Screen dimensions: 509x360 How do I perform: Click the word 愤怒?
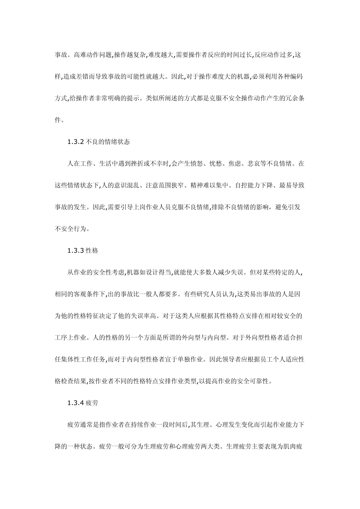(195, 164)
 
